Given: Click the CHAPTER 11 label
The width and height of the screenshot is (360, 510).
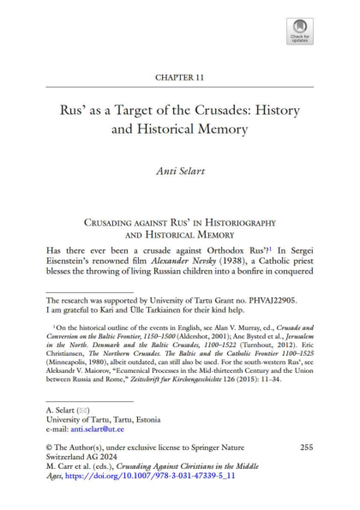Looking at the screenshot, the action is pos(179,77).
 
